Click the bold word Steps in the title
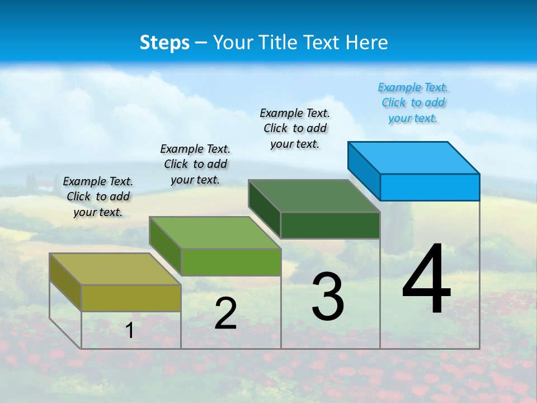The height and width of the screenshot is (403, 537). coord(164,43)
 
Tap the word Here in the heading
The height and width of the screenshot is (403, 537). coord(367,43)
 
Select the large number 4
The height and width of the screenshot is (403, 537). coord(426,280)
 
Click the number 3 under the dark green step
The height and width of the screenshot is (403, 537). coord(328,297)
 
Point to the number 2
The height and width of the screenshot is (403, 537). coord(225,313)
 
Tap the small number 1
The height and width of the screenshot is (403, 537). coord(130,330)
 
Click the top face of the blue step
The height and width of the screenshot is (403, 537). coord(414,157)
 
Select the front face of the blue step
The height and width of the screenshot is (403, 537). coord(430,187)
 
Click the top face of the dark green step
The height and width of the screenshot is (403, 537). coord(314,196)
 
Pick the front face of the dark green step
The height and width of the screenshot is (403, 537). coord(330,225)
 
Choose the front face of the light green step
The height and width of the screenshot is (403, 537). coord(231,262)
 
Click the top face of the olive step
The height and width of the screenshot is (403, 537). coord(115,269)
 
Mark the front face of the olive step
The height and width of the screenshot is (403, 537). coord(131,298)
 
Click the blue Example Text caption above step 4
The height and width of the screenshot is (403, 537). coord(413,102)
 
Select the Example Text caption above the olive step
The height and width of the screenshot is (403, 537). coord(98,196)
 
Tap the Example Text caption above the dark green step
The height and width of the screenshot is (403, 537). coord(295,128)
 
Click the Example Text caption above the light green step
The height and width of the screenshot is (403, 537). coord(195,164)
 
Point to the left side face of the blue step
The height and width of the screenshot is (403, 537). coord(364,171)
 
